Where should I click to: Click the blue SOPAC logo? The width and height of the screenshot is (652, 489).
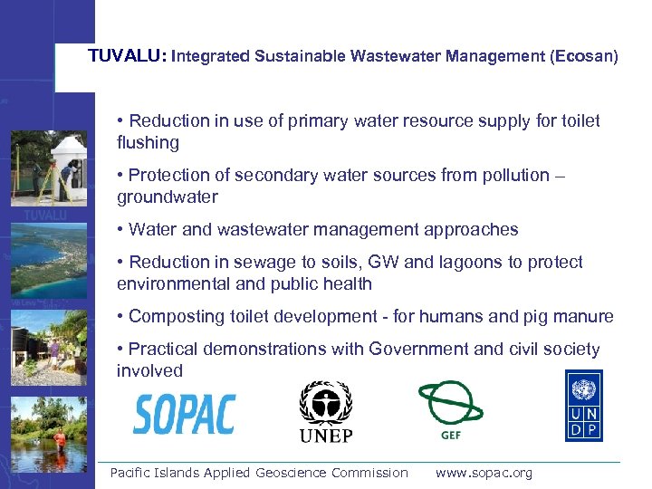pyautogui.click(x=184, y=414)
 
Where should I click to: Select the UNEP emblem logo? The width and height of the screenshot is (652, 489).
pyautogui.click(x=326, y=411)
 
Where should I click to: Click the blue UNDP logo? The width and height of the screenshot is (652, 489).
pyautogui.click(x=583, y=406)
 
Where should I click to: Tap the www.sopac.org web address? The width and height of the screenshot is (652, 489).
pyautogui.click(x=484, y=473)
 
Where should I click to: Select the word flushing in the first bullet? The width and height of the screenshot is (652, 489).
pyautogui.click(x=149, y=143)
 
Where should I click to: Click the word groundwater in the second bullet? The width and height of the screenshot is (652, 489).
pyautogui.click(x=168, y=197)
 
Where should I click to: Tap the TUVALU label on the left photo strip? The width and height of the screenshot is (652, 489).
pyautogui.click(x=45, y=216)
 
